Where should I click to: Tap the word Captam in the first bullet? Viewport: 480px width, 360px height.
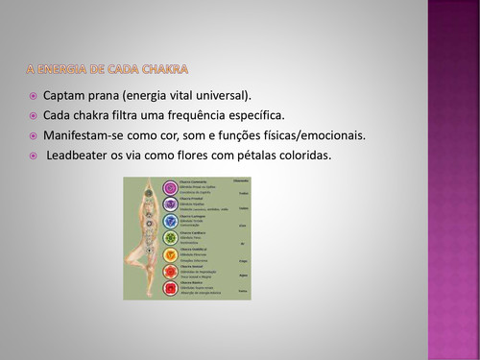coord(65,96)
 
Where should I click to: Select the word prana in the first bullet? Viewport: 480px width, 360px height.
coord(112,96)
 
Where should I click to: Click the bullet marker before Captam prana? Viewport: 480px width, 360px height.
coord(33,96)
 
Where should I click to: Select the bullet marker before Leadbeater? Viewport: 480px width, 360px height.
coord(33,155)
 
